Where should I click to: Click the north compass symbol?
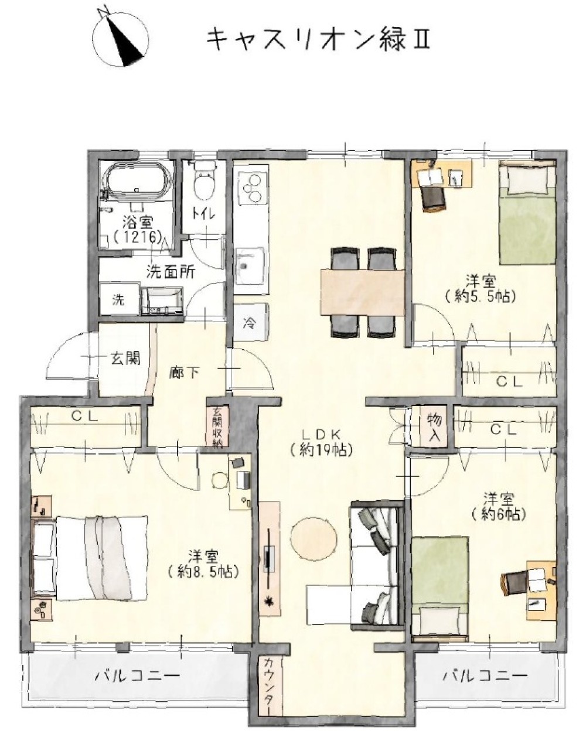pyautogui.click(x=121, y=37)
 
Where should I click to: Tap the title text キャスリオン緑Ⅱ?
pyautogui.click(x=318, y=40)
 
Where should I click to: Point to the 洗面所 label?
pyautogui.click(x=171, y=272)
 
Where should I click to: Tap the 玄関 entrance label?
pyautogui.click(x=125, y=359)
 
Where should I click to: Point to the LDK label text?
pyautogui.click(x=321, y=433)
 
